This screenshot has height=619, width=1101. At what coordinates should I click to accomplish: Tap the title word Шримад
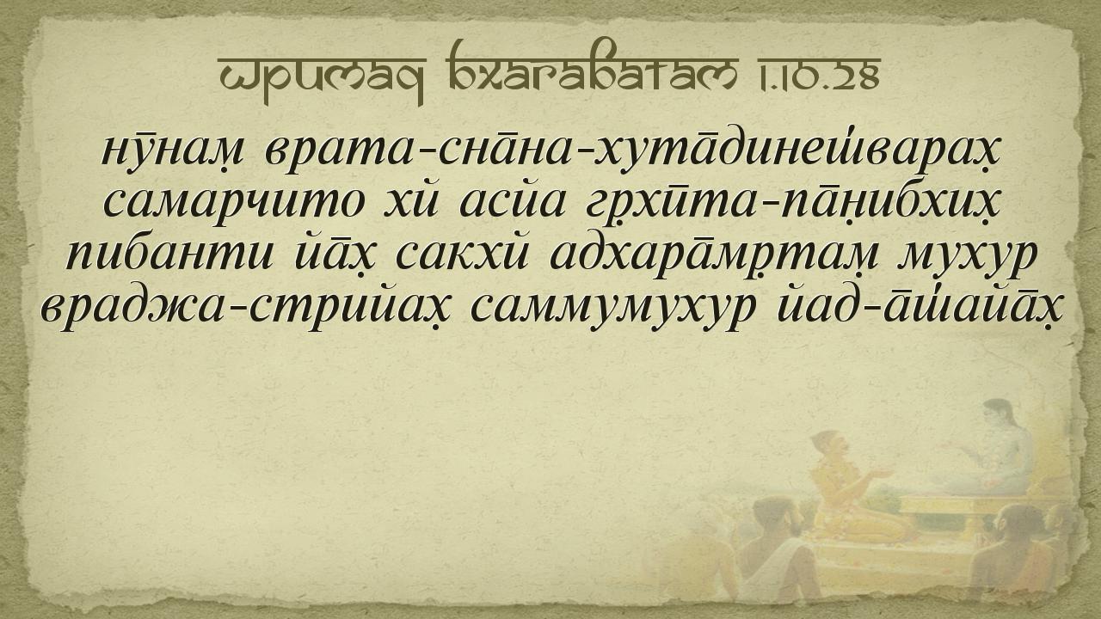coord(322,77)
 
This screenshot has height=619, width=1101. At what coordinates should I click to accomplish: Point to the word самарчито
coord(234,202)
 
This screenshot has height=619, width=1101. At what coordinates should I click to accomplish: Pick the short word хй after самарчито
coord(410,200)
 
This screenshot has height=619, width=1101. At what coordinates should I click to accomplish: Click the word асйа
coord(512,200)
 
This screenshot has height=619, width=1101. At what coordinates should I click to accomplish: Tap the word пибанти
coord(170,255)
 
